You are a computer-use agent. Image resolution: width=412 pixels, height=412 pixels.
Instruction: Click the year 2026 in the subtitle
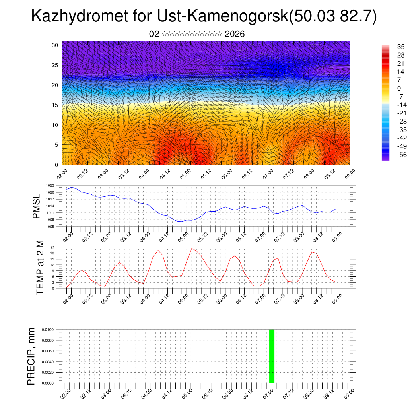coord(235,34)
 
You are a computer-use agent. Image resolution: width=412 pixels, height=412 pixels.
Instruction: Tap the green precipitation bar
coord(272,356)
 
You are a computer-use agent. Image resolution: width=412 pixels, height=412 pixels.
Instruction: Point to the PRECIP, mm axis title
coord(31,356)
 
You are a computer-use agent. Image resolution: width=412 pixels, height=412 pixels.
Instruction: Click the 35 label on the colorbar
coord(400,47)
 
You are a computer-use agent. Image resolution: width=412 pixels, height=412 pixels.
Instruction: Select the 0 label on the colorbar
coord(399,88)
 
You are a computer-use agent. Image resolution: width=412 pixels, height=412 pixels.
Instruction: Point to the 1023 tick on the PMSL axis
coord(50,185)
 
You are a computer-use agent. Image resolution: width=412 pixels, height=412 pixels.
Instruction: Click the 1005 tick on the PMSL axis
coord(50,227)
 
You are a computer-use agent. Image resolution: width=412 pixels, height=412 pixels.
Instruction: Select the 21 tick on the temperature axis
coord(52,247)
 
